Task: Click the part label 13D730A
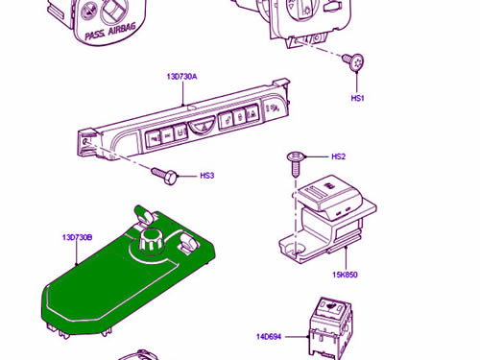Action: [x=181, y=77]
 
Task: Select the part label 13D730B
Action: [x=77, y=237]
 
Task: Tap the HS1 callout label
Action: [x=357, y=98]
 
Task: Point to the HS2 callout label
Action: [x=338, y=156]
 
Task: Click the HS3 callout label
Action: [x=206, y=176]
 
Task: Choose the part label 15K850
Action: [x=345, y=275]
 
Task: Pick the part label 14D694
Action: [x=269, y=337]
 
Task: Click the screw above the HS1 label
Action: [x=354, y=62]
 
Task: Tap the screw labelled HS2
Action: [x=295, y=164]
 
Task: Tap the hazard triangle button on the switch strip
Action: [x=201, y=126]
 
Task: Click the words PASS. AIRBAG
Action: [x=110, y=32]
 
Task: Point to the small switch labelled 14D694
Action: [x=330, y=328]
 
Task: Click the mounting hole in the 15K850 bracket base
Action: [x=296, y=251]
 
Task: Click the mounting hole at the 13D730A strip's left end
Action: [x=85, y=141]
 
